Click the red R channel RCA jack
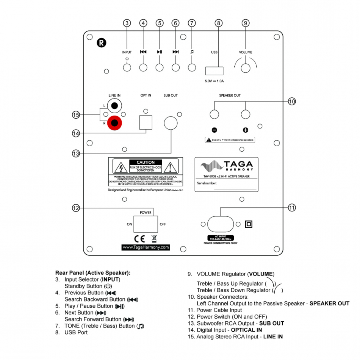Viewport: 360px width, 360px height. tap(114, 123)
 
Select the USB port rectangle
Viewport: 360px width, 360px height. tap(214, 70)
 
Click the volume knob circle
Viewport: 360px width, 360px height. tap(246, 68)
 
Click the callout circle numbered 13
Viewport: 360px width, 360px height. tap(76, 153)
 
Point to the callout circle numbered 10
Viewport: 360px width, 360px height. tap(291, 101)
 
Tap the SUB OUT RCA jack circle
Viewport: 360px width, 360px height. tap(171, 123)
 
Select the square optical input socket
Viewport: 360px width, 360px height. tap(146, 122)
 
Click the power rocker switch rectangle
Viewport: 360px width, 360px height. tap(146, 224)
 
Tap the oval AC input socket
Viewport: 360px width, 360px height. tap(221, 224)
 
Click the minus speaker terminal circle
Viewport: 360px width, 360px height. tap(214, 114)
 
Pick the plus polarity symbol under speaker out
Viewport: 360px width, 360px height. tap(246, 130)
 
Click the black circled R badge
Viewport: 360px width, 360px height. tap(101, 42)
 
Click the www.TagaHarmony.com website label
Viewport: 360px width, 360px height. tap(146, 247)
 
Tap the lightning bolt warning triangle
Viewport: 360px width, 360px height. tap(121, 167)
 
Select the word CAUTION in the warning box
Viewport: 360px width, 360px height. tap(146, 162)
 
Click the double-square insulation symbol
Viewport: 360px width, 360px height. tap(249, 224)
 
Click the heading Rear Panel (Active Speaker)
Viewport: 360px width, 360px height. tap(93, 272)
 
